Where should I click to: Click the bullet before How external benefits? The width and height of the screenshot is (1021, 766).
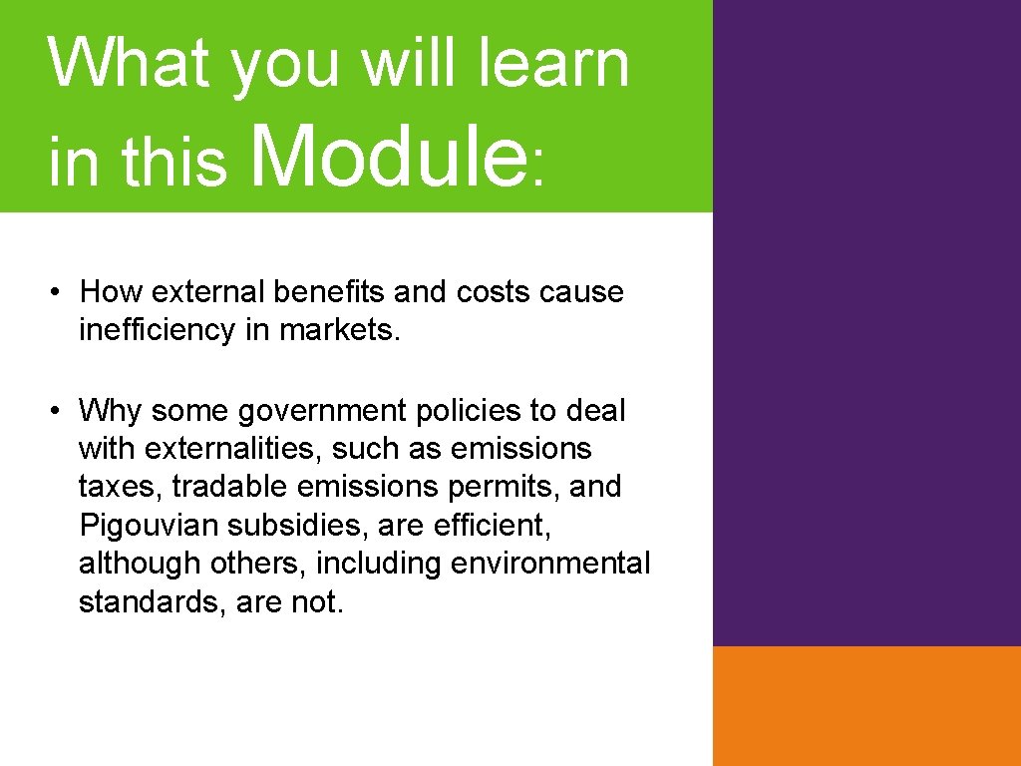point(60,292)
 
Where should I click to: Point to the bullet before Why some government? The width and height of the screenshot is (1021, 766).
point(60,410)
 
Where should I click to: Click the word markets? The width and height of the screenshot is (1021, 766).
point(340,330)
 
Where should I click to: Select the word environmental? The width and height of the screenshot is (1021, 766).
point(550,564)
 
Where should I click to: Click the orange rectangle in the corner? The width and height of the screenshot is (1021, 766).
point(866,705)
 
